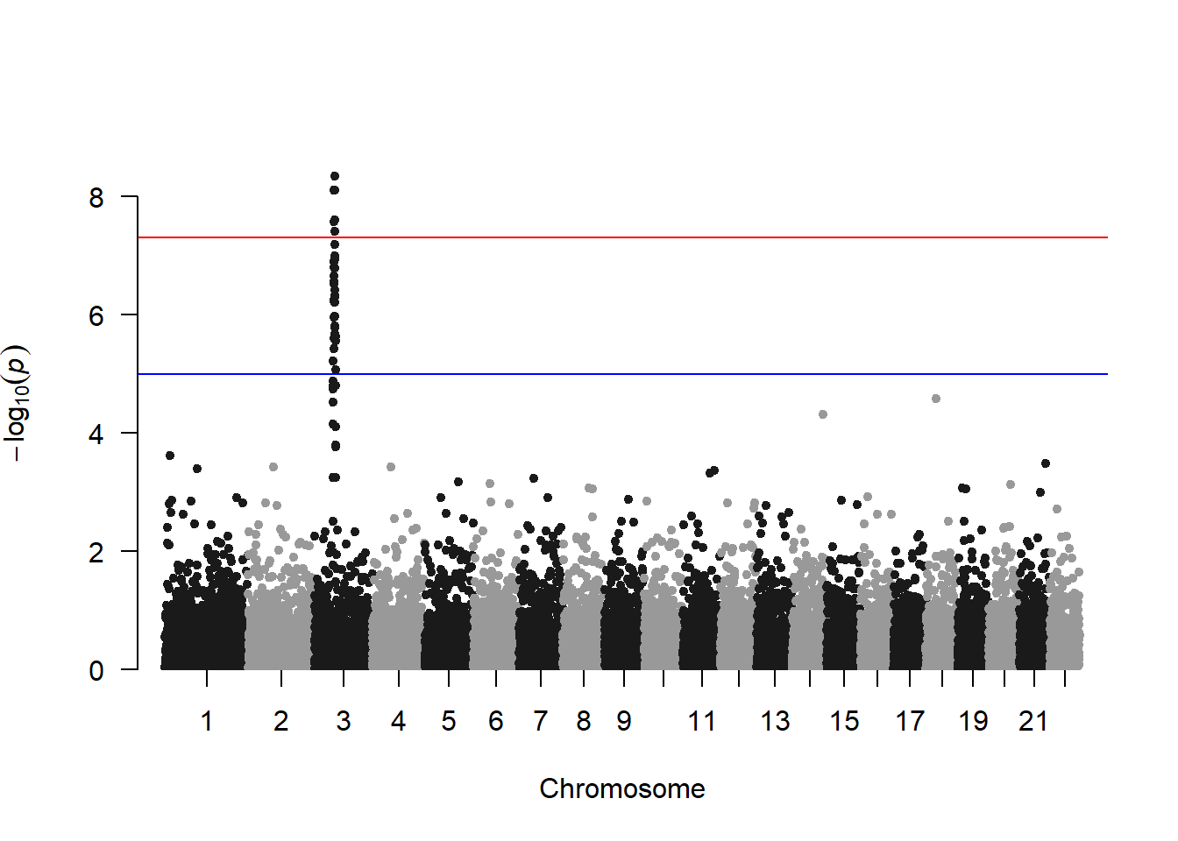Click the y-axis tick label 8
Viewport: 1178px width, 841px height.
point(96,198)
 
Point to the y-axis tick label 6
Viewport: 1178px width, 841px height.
point(96,316)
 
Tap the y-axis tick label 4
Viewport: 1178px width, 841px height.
point(96,435)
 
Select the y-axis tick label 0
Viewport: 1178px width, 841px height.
point(96,671)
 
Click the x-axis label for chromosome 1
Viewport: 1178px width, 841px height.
point(207,721)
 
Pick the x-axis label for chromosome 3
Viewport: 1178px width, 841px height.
point(344,721)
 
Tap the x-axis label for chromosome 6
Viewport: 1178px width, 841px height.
point(496,721)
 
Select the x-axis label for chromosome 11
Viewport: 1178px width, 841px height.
point(702,721)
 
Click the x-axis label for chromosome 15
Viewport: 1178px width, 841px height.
point(844,721)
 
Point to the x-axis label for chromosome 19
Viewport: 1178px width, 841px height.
point(973,721)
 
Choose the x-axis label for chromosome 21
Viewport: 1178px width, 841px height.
point(1034,721)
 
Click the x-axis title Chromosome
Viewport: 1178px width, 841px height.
point(622,788)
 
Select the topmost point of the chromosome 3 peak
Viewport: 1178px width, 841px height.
point(335,176)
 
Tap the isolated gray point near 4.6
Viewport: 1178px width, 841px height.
point(936,399)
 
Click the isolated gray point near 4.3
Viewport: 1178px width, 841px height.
point(823,414)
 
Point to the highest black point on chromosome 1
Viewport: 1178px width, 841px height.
point(170,456)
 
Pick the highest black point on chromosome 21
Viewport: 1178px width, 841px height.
point(1046,463)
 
